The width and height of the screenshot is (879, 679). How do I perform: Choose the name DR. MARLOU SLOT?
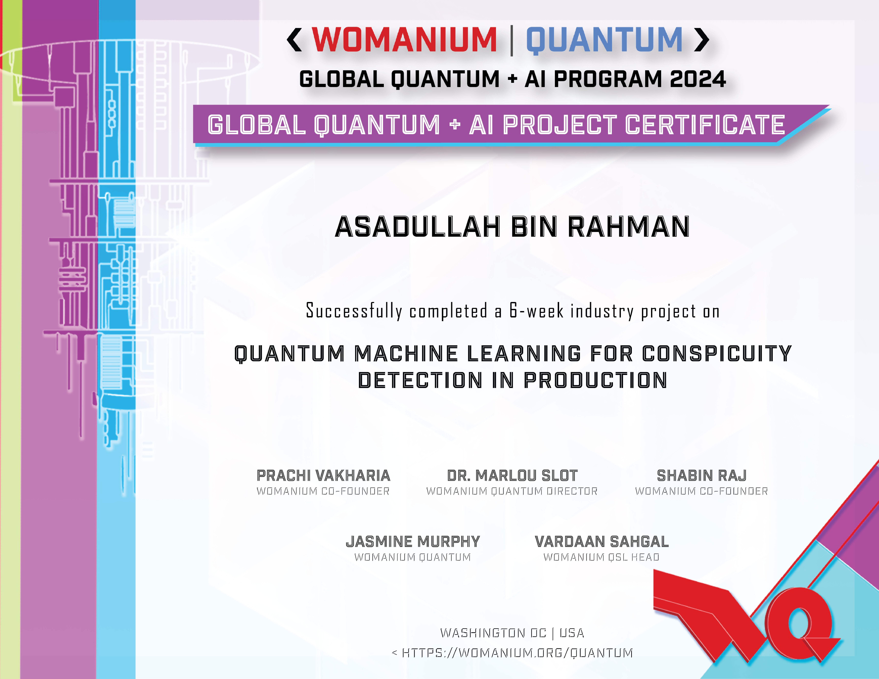tap(512, 475)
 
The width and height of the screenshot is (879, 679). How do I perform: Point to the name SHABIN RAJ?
tap(702, 475)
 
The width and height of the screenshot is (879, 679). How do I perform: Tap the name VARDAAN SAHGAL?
tap(602, 541)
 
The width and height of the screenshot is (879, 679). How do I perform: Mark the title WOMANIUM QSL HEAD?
tap(601, 557)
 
